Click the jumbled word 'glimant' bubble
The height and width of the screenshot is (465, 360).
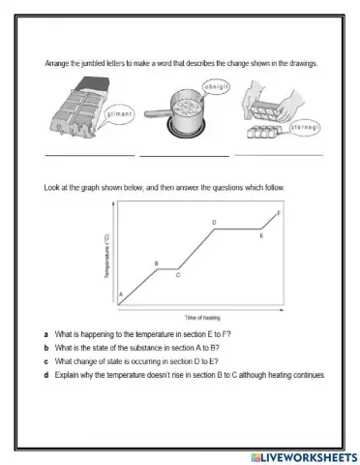(119, 114)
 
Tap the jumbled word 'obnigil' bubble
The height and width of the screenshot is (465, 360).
(216, 87)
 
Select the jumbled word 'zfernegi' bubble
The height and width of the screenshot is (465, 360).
(305, 128)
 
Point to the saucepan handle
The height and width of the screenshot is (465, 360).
(157, 113)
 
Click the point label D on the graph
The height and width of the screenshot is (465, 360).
(214, 223)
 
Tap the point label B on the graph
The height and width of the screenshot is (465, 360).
(157, 263)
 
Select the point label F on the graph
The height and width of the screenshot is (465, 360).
(279, 213)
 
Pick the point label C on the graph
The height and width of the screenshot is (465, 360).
(178, 275)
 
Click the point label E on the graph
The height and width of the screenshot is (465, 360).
(261, 235)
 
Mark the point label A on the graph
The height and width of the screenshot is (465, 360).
(121, 294)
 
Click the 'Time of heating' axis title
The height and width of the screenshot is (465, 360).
(202, 318)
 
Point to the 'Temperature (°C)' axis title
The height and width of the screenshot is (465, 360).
(107, 256)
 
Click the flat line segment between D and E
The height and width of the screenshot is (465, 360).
(238, 229)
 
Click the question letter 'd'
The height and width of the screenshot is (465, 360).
(46, 375)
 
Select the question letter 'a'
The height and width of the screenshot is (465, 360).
(46, 334)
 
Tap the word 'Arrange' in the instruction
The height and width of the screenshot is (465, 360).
(57, 64)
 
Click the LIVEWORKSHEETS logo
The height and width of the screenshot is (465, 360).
(305, 457)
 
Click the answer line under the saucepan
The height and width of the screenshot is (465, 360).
(184, 156)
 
